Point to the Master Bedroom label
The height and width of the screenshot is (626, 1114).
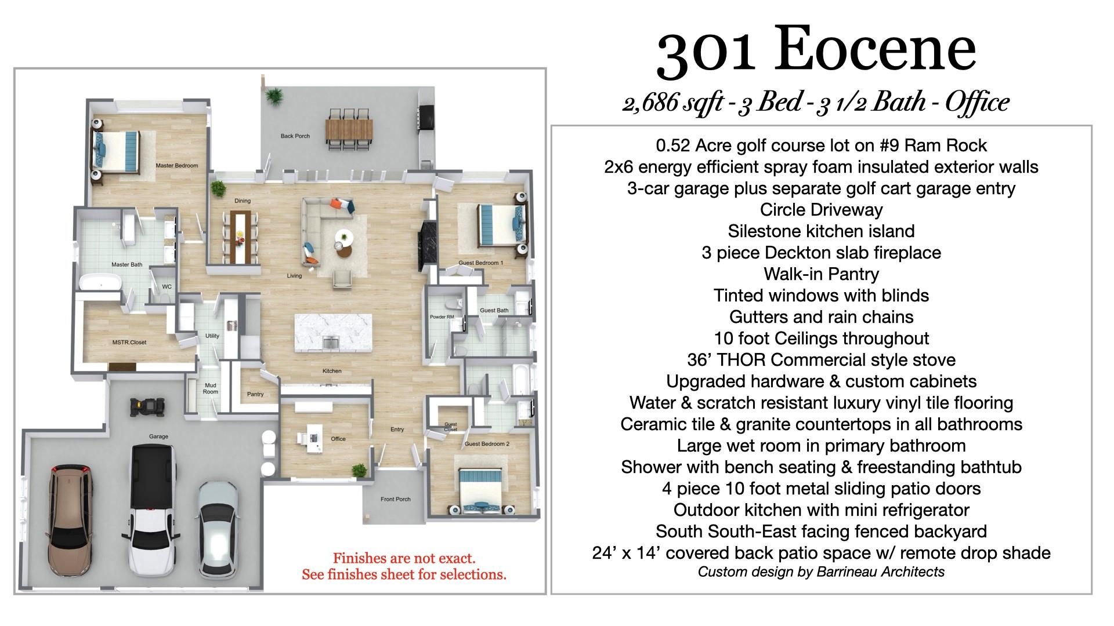tap(177, 166)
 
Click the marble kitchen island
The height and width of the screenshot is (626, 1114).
tap(333, 333)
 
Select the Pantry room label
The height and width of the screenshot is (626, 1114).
tap(255, 394)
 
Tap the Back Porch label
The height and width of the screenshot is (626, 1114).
tap(295, 136)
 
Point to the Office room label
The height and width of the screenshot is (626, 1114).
tap(338, 439)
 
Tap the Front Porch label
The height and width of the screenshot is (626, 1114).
tap(395, 499)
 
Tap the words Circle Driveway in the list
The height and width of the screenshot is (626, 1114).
tap(821, 210)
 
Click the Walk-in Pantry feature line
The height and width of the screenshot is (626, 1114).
tap(821, 274)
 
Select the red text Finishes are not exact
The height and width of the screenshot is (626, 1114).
tap(404, 559)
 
